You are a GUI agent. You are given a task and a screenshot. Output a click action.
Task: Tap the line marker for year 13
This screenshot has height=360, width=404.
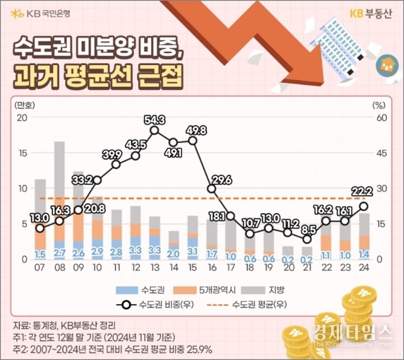coord(154,130)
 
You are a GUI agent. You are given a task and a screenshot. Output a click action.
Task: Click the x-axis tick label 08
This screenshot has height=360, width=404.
coord(59,267)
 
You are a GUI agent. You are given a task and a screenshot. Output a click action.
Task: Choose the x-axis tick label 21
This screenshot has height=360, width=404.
coord(307,267)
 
